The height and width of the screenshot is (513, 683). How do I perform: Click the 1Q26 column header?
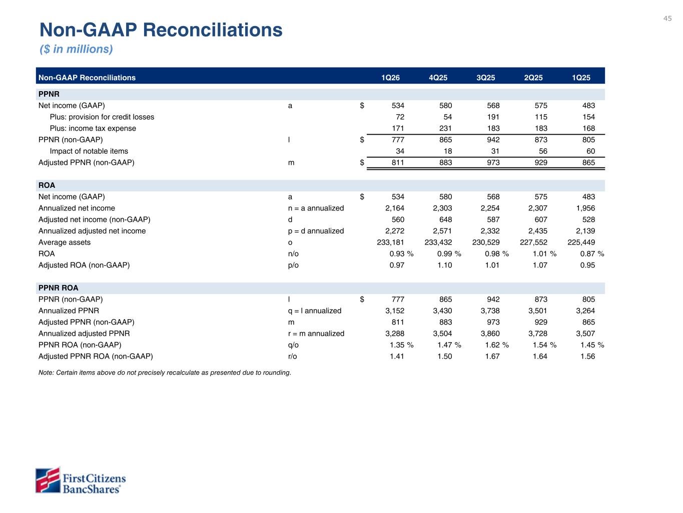click(390, 78)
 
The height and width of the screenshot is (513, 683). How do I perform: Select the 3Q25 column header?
click(485, 78)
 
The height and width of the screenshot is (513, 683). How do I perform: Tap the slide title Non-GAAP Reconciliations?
click(161, 30)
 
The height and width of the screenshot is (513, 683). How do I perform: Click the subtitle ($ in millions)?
click(76, 49)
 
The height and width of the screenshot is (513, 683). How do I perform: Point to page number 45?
click(667, 19)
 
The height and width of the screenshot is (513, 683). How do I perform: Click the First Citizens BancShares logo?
click(81, 480)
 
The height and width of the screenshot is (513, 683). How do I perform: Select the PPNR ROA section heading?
click(59, 288)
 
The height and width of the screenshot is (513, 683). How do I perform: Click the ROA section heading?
click(47, 185)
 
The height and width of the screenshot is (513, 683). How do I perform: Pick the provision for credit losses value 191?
click(493, 117)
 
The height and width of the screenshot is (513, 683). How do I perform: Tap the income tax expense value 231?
click(445, 128)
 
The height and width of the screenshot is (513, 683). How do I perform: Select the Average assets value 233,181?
click(390, 242)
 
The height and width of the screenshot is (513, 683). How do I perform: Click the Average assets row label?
click(65, 242)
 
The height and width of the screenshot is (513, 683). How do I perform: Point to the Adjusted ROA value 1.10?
click(445, 265)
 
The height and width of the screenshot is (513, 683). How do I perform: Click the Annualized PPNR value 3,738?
click(490, 311)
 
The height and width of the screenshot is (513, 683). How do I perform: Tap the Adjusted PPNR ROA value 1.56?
click(587, 356)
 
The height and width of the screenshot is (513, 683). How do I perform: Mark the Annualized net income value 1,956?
click(585, 208)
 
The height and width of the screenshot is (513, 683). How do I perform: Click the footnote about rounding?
click(165, 373)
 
